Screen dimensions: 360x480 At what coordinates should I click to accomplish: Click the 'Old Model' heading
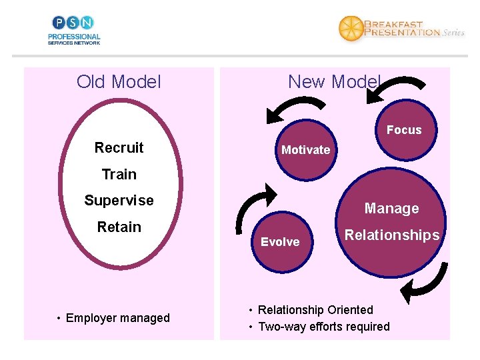pos(119,82)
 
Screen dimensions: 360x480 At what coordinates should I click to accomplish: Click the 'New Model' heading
pos(333,82)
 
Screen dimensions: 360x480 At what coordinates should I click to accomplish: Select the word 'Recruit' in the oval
pos(119,147)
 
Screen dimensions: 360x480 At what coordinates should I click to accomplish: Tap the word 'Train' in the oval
pos(119,174)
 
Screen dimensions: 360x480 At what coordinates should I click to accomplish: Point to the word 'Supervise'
pos(119,200)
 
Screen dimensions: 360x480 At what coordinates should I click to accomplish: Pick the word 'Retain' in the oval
pos(119,227)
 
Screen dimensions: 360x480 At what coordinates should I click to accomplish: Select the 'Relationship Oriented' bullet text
pos(315,310)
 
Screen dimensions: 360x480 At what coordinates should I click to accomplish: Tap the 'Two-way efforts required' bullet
pos(323,327)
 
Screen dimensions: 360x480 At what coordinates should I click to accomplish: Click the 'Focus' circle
pos(404,130)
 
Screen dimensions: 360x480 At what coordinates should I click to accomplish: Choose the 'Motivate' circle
pos(305,150)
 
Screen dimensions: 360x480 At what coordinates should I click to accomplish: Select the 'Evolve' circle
pos(280,242)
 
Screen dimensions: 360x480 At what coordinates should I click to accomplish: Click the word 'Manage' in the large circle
pos(391,209)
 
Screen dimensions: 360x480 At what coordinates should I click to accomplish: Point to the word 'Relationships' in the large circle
pos(391,235)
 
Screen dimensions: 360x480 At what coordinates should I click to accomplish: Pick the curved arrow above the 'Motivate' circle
pos(293,107)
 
